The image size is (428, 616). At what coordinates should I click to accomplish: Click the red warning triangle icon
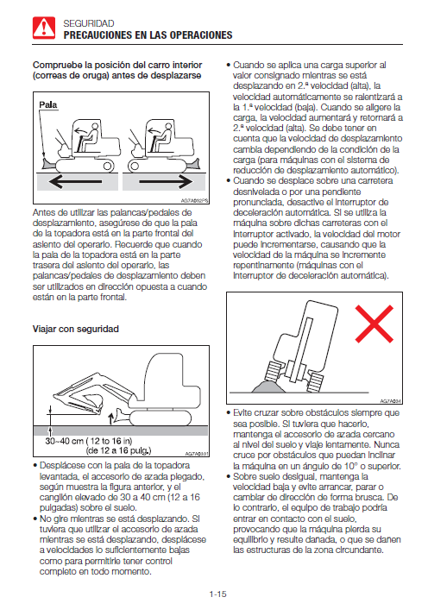[44, 28]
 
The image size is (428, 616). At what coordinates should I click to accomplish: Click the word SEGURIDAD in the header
[89, 23]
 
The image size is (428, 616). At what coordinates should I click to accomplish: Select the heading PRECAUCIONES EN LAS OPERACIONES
[148, 35]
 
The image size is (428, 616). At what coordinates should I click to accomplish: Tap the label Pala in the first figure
[48, 105]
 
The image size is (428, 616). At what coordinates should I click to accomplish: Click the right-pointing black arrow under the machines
[166, 181]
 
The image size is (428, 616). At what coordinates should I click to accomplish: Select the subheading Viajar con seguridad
[75, 329]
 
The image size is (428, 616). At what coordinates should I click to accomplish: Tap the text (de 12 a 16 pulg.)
[118, 450]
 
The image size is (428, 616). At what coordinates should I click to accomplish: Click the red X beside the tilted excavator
[374, 324]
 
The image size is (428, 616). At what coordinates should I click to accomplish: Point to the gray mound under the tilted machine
[269, 387]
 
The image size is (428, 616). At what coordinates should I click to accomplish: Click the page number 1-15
[217, 594]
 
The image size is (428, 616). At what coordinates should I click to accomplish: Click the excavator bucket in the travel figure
[92, 404]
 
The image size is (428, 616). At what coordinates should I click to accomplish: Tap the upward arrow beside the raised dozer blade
[110, 418]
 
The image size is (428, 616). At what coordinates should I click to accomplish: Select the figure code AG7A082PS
[194, 201]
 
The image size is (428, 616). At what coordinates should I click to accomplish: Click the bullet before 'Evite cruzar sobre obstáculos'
[229, 413]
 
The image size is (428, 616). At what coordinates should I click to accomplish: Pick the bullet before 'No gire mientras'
[35, 519]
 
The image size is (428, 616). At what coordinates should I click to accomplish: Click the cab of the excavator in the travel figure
[173, 377]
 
